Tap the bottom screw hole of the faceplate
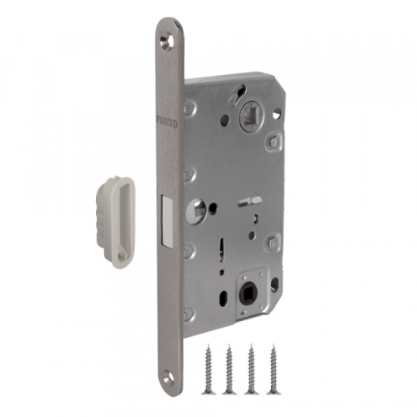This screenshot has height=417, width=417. coord(169,376)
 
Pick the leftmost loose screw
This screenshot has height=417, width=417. coord(208,369)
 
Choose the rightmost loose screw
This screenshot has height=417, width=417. coord(273,369)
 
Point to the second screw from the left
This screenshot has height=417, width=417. coord(229,369)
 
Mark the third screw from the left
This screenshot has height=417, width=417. coord(251,369)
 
